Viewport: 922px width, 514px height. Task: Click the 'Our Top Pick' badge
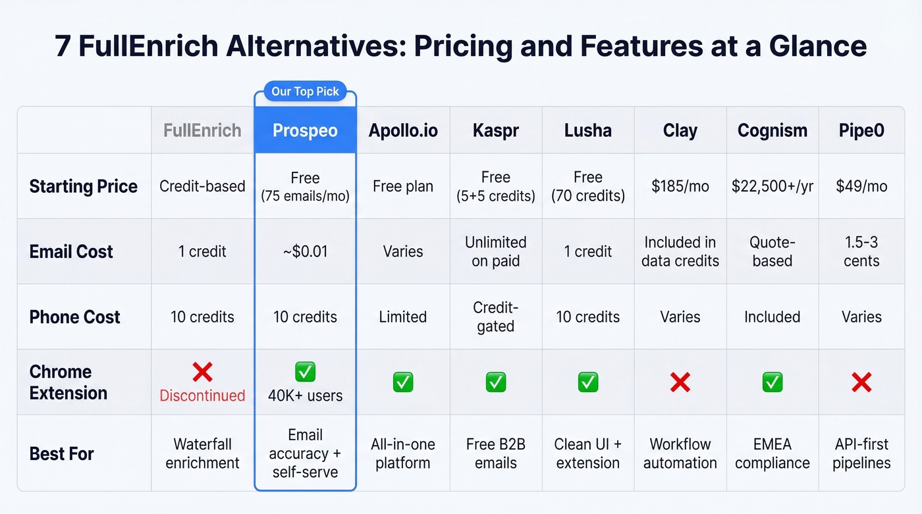pyautogui.click(x=305, y=91)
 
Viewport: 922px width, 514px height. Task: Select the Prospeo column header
pyautogui.click(x=305, y=130)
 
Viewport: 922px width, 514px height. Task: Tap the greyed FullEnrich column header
pyautogui.click(x=202, y=130)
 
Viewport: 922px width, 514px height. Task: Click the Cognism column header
pyautogui.click(x=772, y=130)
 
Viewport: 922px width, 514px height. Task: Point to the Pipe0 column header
pyautogui.click(x=861, y=130)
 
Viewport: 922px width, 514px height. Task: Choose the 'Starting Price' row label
pyautogui.click(x=84, y=186)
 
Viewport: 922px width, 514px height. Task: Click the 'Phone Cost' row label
pyautogui.click(x=74, y=317)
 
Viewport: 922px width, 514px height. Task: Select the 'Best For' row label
pyautogui.click(x=62, y=454)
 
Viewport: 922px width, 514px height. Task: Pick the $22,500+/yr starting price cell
pyautogui.click(x=772, y=186)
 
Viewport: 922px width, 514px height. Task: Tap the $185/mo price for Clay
pyautogui.click(x=680, y=186)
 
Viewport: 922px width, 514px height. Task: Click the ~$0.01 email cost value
pyautogui.click(x=305, y=251)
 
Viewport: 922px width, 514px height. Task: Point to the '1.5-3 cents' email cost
pyautogui.click(x=861, y=251)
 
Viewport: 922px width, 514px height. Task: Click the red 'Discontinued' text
pyautogui.click(x=202, y=396)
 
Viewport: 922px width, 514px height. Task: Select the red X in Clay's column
pyautogui.click(x=680, y=382)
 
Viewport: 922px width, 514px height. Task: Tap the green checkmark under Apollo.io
pyautogui.click(x=402, y=382)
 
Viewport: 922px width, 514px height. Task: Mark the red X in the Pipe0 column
pyautogui.click(x=861, y=382)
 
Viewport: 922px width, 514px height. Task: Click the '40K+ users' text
pyautogui.click(x=305, y=396)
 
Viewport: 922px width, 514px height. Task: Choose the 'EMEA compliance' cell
pyautogui.click(x=772, y=454)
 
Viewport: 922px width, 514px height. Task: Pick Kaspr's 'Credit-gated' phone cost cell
pyautogui.click(x=495, y=317)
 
